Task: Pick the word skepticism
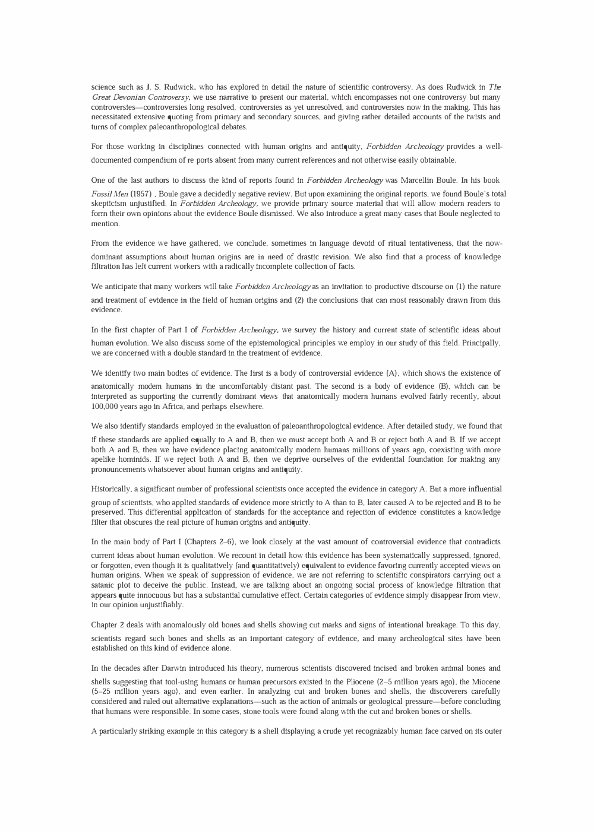(109, 204)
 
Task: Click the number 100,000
(106, 407)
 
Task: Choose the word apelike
(105, 459)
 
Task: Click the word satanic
(105, 585)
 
